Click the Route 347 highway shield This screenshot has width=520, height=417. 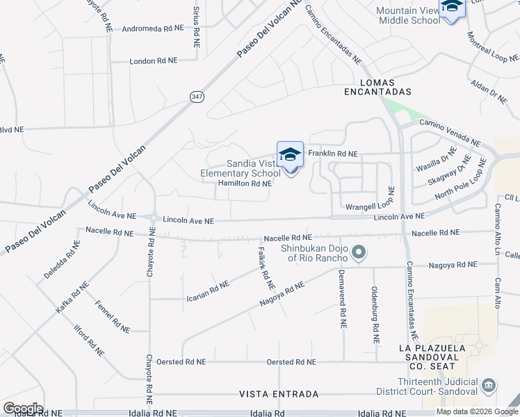click(195, 98)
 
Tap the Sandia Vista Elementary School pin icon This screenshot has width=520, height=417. click(290, 155)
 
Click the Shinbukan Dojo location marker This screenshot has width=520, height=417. click(358, 252)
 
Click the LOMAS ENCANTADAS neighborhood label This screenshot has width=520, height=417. click(378, 86)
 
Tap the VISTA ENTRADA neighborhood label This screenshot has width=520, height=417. click(279, 394)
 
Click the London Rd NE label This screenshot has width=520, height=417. click(153, 61)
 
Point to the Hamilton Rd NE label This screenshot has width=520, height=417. click(244, 183)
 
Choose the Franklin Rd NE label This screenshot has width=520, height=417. click(332, 154)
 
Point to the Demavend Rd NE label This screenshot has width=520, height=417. click(343, 306)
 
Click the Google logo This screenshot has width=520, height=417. click(23, 409)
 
